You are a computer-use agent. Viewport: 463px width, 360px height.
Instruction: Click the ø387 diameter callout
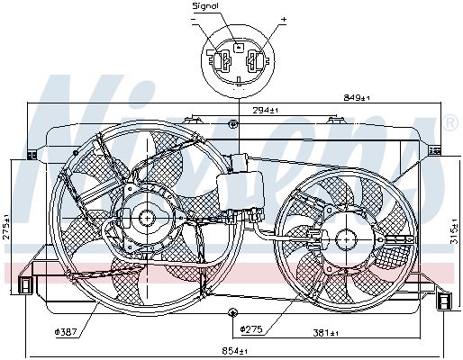(66, 331)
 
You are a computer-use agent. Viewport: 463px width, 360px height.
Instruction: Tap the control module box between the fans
(238, 189)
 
